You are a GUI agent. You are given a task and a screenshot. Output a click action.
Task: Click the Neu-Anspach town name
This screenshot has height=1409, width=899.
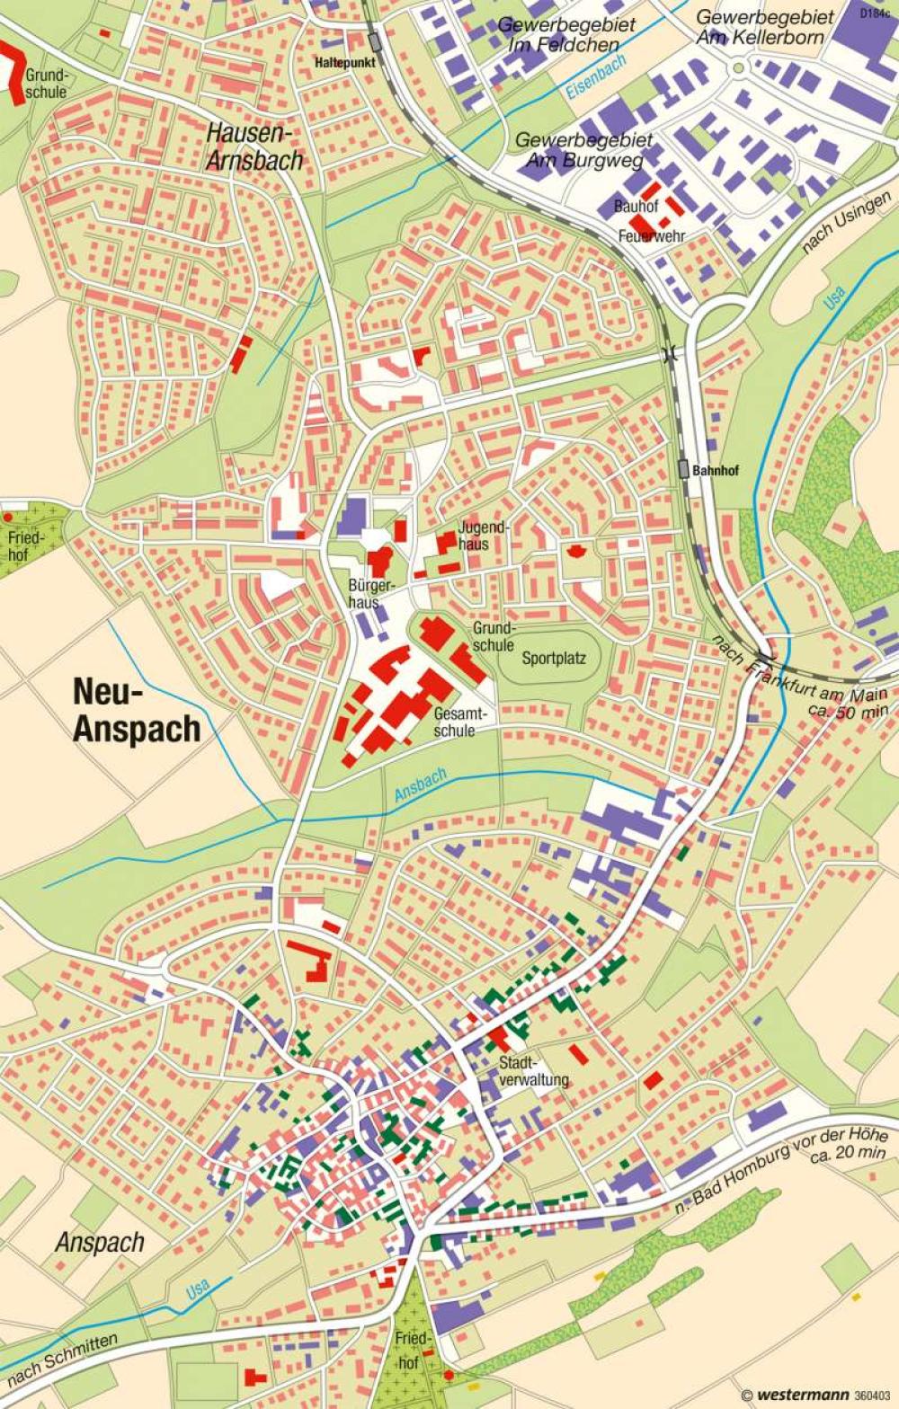click(136, 711)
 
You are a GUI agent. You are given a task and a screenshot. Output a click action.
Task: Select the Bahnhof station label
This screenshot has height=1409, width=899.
click(716, 470)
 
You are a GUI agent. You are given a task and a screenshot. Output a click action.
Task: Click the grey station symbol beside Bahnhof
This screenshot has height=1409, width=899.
click(684, 468)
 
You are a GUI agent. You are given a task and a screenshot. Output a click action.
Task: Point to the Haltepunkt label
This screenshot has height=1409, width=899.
click(344, 63)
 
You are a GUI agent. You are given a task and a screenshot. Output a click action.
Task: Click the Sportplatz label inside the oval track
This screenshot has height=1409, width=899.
click(554, 658)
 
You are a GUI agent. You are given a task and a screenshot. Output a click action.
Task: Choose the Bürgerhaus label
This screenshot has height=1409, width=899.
click(363, 594)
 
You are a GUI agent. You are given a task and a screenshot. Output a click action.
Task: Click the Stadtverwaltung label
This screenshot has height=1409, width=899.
click(533, 1072)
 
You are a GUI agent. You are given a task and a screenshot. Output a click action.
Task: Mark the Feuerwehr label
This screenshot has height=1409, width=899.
click(652, 236)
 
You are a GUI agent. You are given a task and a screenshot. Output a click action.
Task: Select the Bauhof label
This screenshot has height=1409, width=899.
click(636, 206)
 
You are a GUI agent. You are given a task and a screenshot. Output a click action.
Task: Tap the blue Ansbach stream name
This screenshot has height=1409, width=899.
click(421, 785)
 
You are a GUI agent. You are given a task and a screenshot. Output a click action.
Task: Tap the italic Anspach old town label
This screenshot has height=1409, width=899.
click(100, 1243)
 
